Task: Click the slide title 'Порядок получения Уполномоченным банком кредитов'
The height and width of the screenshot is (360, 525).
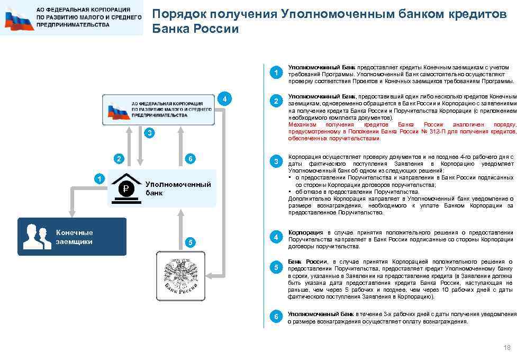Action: click(x=329, y=14)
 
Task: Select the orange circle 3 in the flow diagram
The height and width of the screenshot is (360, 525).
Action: click(x=150, y=133)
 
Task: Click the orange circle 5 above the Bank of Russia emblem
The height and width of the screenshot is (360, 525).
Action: click(x=191, y=242)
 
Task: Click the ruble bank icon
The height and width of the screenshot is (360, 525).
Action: click(x=126, y=187)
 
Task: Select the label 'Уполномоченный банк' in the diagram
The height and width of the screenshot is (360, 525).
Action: click(x=178, y=188)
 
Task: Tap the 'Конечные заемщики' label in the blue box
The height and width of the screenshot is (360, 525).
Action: click(x=74, y=237)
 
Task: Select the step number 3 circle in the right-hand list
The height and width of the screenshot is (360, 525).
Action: click(x=275, y=161)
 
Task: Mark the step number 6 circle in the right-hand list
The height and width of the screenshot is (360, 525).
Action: click(x=275, y=317)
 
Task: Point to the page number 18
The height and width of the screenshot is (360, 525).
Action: click(x=507, y=347)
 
